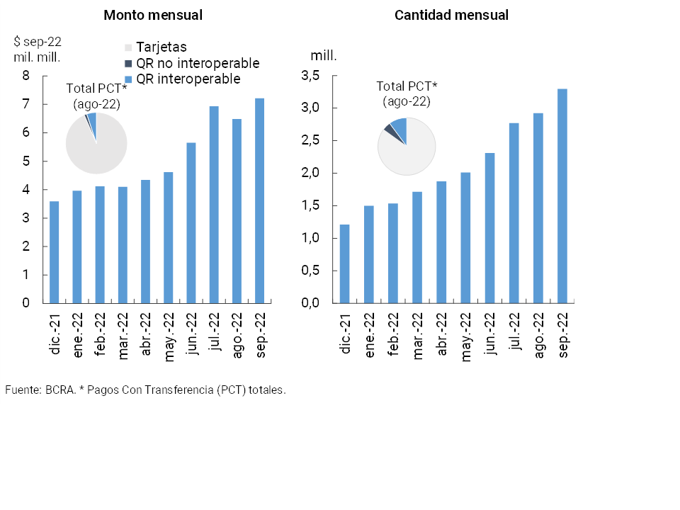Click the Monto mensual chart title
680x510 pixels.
tap(152, 15)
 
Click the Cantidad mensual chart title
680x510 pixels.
tap(451, 15)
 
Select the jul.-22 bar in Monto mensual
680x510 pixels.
tap(214, 205)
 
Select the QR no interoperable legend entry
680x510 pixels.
tap(197, 63)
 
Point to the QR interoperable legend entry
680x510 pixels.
tap(188, 79)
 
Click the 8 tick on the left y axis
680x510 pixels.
tap(26, 76)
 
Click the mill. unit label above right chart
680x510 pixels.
tap(324, 55)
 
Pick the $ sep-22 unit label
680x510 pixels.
tap(38, 42)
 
